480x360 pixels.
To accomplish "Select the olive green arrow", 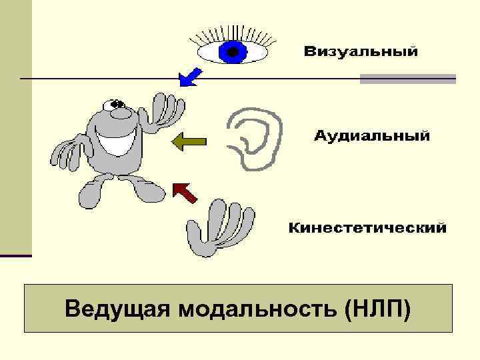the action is pos(189,141).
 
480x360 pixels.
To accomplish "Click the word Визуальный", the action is pos(361,51).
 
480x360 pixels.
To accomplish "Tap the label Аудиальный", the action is pos(371,137).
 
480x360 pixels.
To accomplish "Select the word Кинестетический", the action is pos(367,229).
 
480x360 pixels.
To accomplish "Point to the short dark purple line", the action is pos(15,255).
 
